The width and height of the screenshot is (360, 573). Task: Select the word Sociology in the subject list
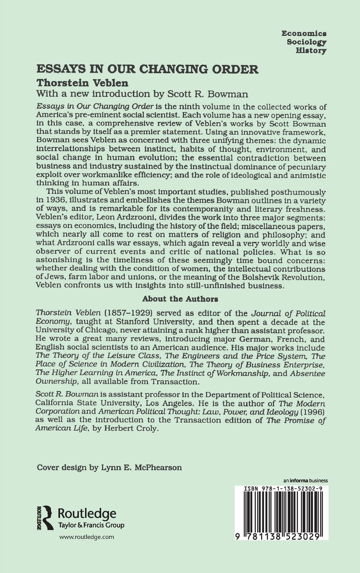[x=307, y=42]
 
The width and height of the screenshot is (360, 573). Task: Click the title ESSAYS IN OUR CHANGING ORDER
[x=147, y=70]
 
